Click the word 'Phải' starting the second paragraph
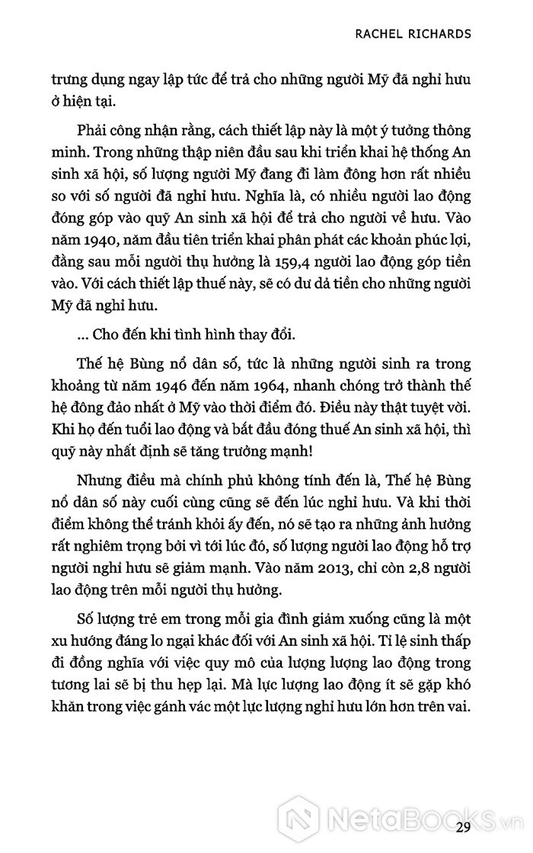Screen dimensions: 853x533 (92, 132)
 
